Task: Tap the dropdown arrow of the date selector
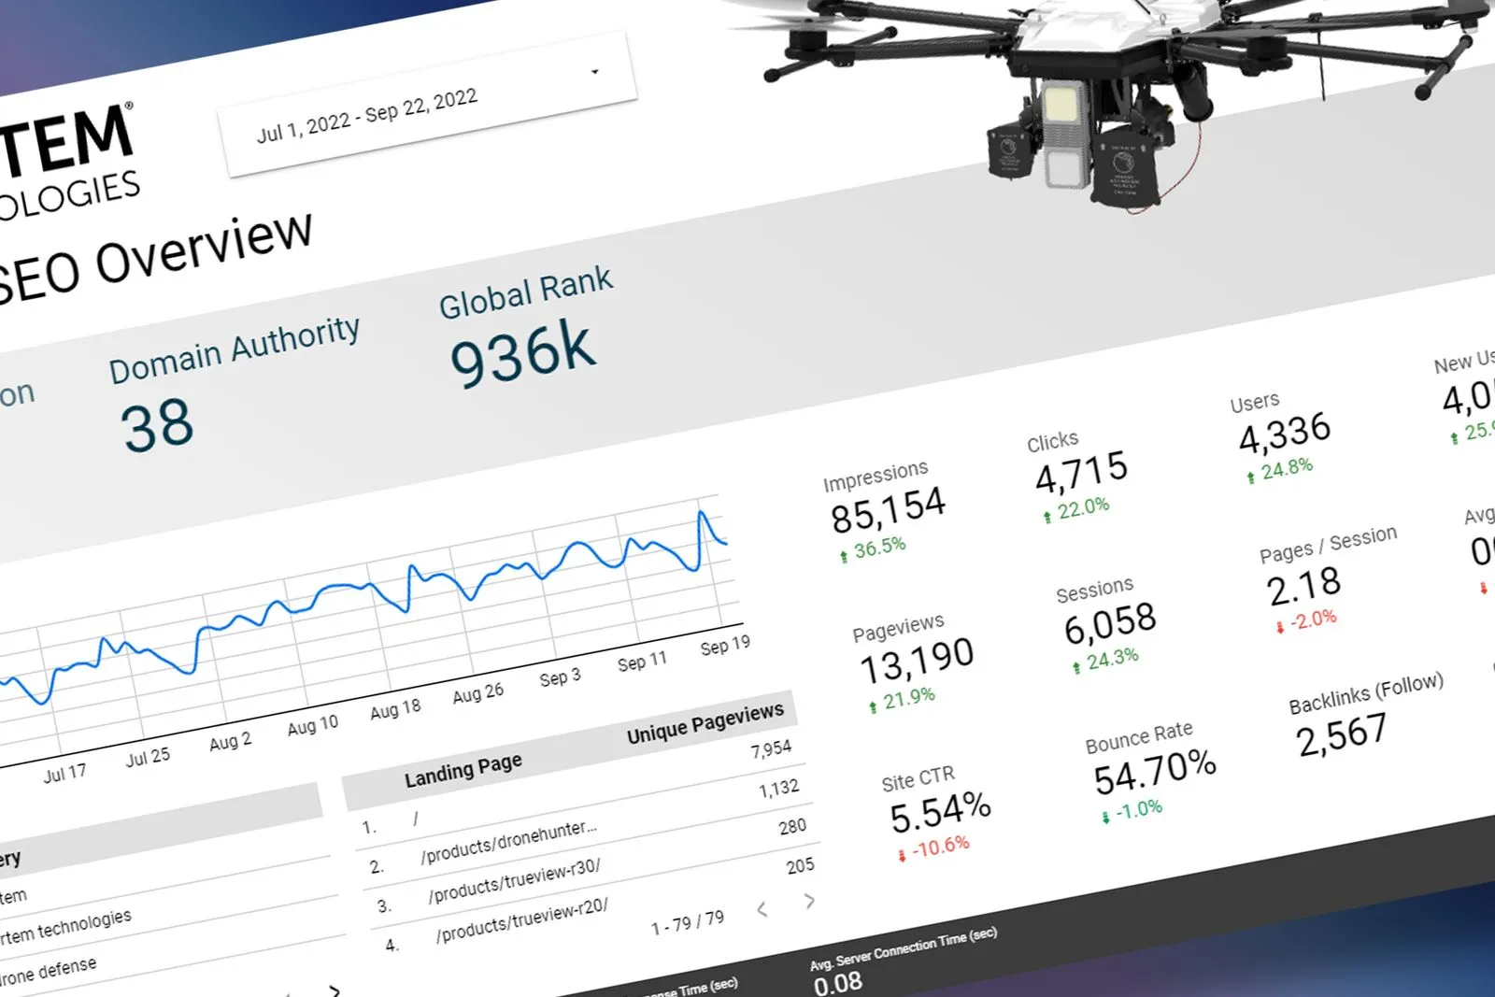tap(594, 72)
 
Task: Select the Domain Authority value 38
tap(157, 425)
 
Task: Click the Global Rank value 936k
tap(522, 354)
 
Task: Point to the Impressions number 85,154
tap(888, 509)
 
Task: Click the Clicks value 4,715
tap(1081, 472)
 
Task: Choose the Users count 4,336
tap(1284, 433)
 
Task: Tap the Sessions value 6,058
tap(1110, 624)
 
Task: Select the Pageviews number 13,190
tap(917, 662)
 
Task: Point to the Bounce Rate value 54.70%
tap(1155, 773)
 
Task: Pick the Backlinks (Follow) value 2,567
tap(1341, 734)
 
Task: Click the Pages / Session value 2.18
tap(1303, 587)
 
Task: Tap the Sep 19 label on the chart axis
tap(724, 645)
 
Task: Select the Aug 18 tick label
tap(395, 710)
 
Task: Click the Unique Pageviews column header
tap(705, 722)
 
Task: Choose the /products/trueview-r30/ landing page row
tap(514, 881)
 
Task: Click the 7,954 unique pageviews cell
tap(770, 749)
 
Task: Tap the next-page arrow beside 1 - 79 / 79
tap(809, 901)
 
